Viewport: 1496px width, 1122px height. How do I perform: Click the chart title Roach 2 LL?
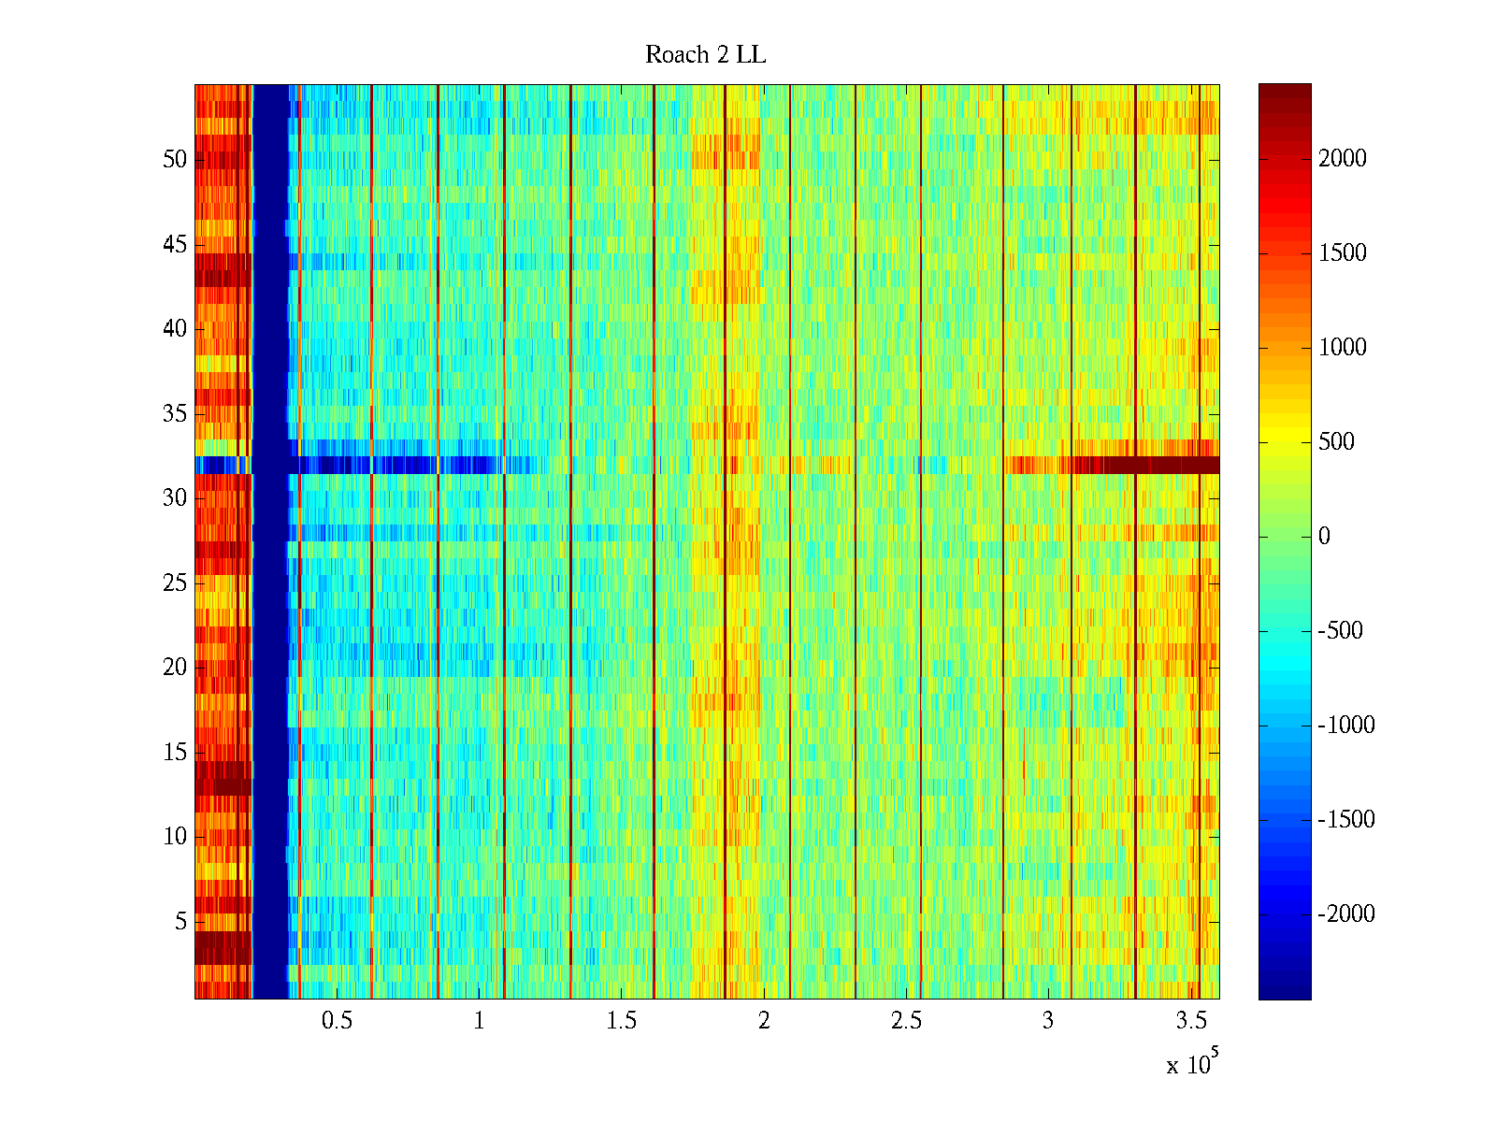point(705,55)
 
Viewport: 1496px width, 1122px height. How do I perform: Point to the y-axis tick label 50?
point(175,160)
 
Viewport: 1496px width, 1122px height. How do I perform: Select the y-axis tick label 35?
point(175,414)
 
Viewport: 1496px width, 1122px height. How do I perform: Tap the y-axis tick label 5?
point(180,922)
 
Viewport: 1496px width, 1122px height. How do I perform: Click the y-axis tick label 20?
point(175,668)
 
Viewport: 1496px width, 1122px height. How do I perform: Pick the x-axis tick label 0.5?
point(337,1021)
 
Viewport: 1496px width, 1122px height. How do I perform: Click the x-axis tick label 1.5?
point(621,1021)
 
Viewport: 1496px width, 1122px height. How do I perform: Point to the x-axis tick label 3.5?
point(1190,1021)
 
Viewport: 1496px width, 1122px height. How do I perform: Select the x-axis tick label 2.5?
point(906,1021)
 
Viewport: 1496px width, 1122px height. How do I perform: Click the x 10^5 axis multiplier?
point(1191,1063)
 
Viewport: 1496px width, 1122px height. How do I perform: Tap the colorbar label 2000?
point(1342,159)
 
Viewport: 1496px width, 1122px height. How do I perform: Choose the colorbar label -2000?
point(1345,914)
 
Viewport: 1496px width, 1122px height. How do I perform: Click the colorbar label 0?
point(1324,537)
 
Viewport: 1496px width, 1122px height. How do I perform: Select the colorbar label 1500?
point(1342,253)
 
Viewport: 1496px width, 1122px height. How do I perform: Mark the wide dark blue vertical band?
point(270,542)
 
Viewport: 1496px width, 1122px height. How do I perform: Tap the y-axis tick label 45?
point(175,245)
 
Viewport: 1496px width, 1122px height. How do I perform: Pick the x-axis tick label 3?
point(1048,1021)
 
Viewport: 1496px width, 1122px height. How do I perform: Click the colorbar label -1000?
point(1345,726)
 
